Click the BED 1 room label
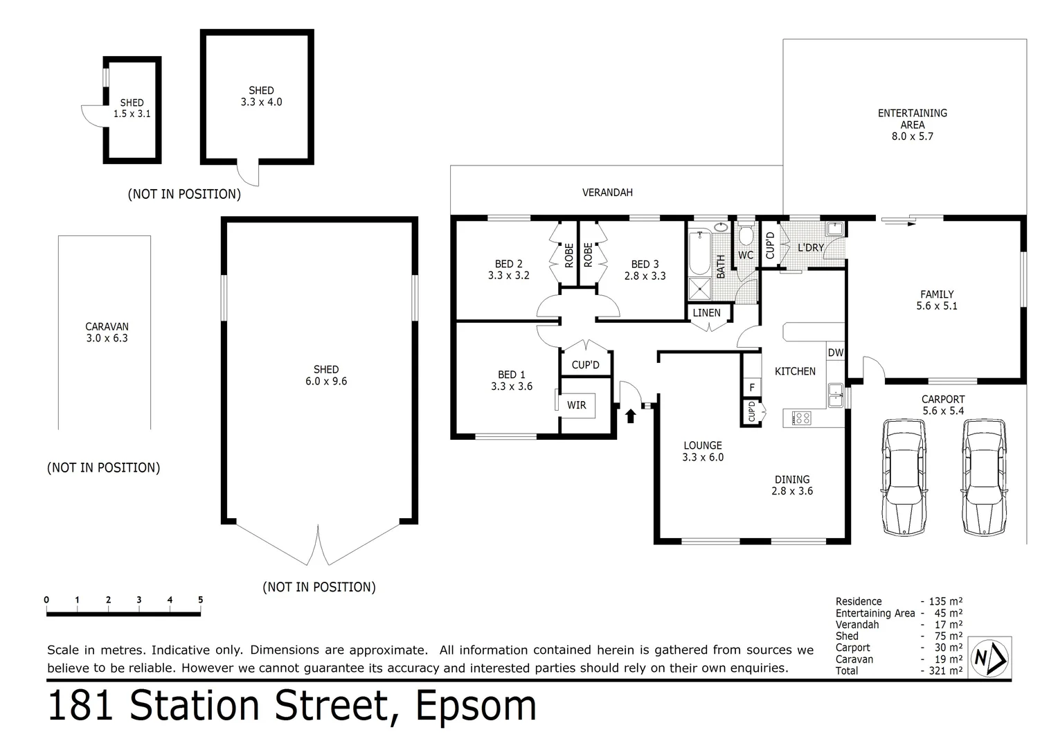pos(512,380)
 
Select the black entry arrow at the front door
pos(630,416)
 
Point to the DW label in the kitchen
pos(836,353)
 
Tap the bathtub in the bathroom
pos(700,253)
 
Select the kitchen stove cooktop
pos(802,418)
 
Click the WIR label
pos(576,405)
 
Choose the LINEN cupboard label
pos(706,313)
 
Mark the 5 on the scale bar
pos(200,600)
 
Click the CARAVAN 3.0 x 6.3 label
pos(107,332)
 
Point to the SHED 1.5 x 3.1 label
pos(132,108)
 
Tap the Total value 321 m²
pos(942,670)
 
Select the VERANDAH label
pos(607,193)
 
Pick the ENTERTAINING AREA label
pos(912,124)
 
